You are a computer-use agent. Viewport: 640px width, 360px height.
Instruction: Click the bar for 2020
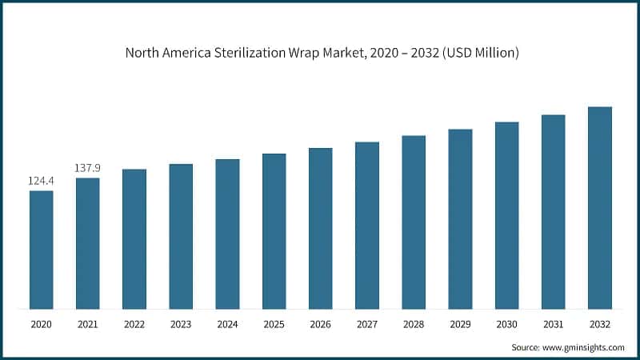pyautogui.click(x=42, y=250)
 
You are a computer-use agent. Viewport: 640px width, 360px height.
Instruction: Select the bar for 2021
pyautogui.click(x=88, y=243)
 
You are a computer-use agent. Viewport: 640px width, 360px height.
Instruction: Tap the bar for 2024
pyautogui.click(x=227, y=234)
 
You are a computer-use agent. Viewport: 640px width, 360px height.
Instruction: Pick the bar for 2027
pyautogui.click(x=367, y=226)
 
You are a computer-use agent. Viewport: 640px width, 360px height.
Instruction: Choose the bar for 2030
pyautogui.click(x=506, y=215)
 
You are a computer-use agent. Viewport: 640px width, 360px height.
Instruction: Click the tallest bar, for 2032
pyautogui.click(x=599, y=208)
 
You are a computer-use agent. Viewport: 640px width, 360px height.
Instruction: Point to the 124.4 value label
pyautogui.click(x=42, y=182)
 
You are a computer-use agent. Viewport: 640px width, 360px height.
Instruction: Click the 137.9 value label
pyautogui.click(x=88, y=168)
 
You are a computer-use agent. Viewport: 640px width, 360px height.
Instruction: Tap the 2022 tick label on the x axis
pyautogui.click(x=134, y=324)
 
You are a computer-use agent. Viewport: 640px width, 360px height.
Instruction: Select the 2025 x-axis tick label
pyautogui.click(x=274, y=324)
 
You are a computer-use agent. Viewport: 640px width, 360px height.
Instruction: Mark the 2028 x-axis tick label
pyautogui.click(x=414, y=324)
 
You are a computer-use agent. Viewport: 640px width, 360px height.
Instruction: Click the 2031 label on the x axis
pyautogui.click(x=553, y=324)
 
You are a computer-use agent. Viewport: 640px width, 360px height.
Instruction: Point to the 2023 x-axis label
pyautogui.click(x=181, y=324)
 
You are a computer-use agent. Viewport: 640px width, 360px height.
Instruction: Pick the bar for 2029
pyautogui.click(x=460, y=219)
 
